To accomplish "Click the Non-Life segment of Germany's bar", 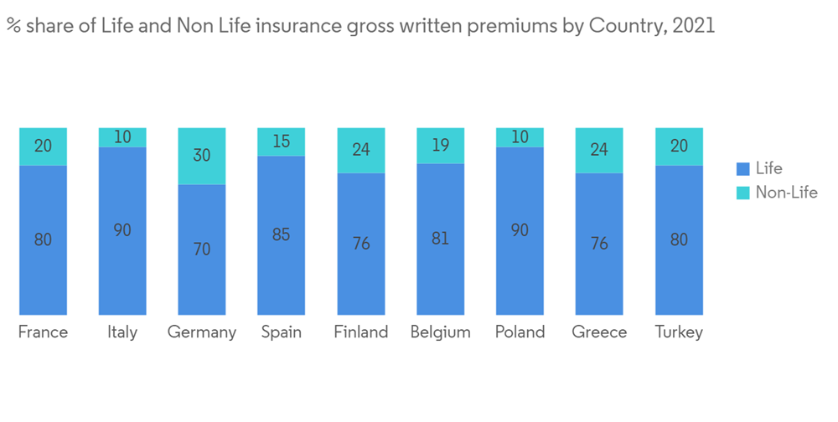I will coord(202,156).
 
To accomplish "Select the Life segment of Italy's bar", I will coord(122,230).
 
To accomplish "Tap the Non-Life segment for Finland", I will coord(361,151).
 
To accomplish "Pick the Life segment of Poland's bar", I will coord(520,230).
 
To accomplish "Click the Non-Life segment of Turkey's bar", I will coord(679,147).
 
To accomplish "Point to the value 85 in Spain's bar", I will coord(281,234).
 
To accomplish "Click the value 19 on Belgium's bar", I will coord(440,146).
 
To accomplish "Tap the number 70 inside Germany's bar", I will coord(202,250).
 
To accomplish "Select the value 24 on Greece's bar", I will coord(599,151).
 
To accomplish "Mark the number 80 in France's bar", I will coord(43,239).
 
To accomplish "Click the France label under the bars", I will coord(43,332).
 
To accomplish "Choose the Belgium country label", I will coord(440,332).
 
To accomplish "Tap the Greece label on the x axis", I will coord(599,332).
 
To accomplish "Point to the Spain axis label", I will coord(281,332).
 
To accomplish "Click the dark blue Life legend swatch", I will coord(742,169).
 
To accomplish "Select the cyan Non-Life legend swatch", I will coord(742,193).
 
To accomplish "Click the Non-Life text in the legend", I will coord(786,193).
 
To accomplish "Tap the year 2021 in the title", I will coord(692,26).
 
